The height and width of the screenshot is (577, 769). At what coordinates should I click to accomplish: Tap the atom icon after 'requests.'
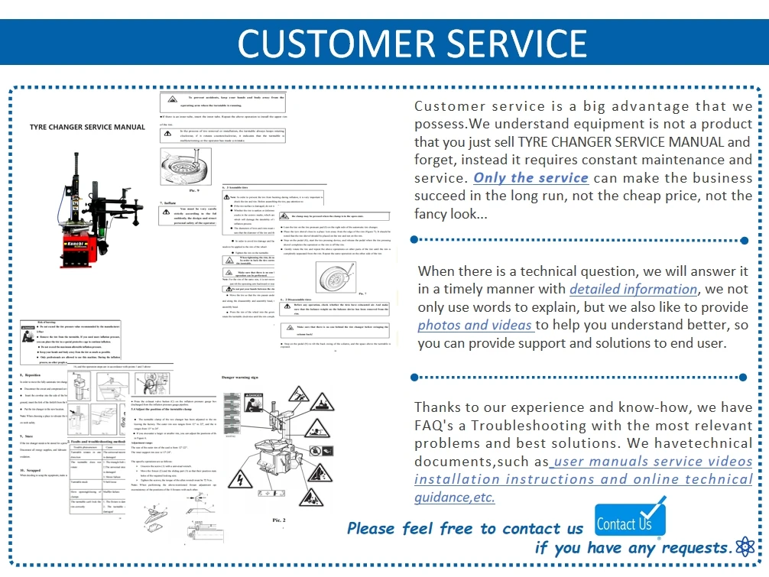tap(744, 546)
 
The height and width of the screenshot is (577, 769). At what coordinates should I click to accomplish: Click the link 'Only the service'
tap(531, 178)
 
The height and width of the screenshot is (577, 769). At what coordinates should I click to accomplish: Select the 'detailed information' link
tap(633, 289)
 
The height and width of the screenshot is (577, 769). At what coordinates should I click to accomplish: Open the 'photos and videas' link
tap(475, 325)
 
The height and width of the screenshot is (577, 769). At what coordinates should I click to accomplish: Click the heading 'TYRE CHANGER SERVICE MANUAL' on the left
tap(87, 127)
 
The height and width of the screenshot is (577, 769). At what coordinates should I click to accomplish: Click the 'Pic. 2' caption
tap(279, 520)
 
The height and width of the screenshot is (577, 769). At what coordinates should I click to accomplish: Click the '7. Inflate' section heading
tap(170, 204)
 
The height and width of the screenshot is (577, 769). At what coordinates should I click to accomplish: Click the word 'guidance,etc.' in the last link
tap(454, 498)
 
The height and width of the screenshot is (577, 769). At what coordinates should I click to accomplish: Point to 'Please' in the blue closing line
tap(372, 529)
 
